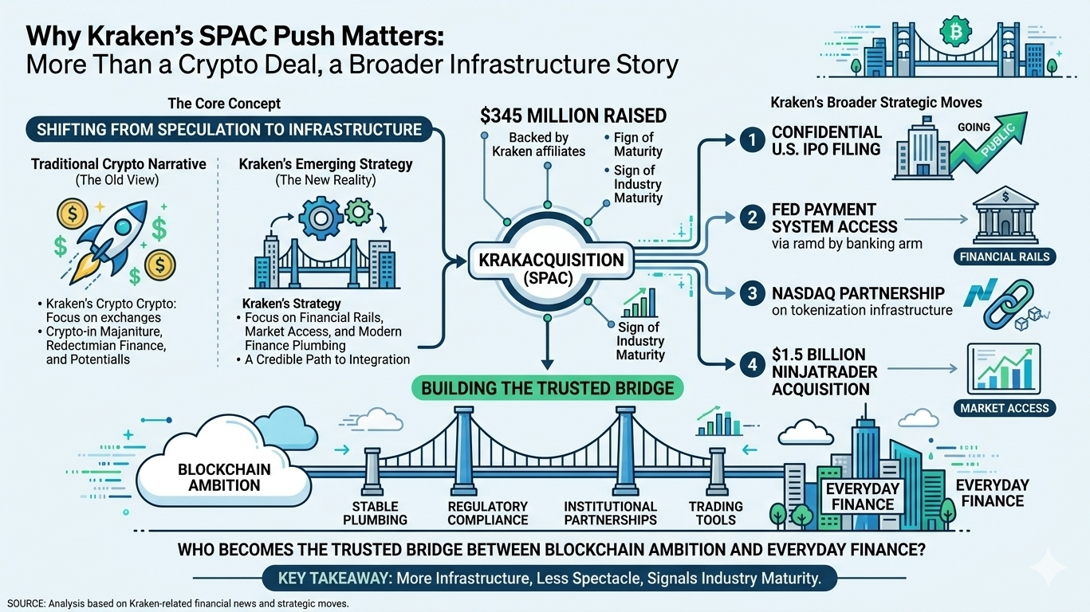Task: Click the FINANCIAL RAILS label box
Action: (1004, 257)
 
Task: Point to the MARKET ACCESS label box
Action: (1004, 408)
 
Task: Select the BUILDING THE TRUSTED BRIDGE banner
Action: (547, 389)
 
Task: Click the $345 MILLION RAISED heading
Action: (573, 116)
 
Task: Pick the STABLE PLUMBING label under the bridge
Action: (375, 513)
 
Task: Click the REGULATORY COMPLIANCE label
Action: (487, 513)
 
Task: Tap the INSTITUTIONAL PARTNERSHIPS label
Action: (610, 513)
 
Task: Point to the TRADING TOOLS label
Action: (715, 513)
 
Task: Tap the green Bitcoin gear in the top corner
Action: (951, 32)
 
